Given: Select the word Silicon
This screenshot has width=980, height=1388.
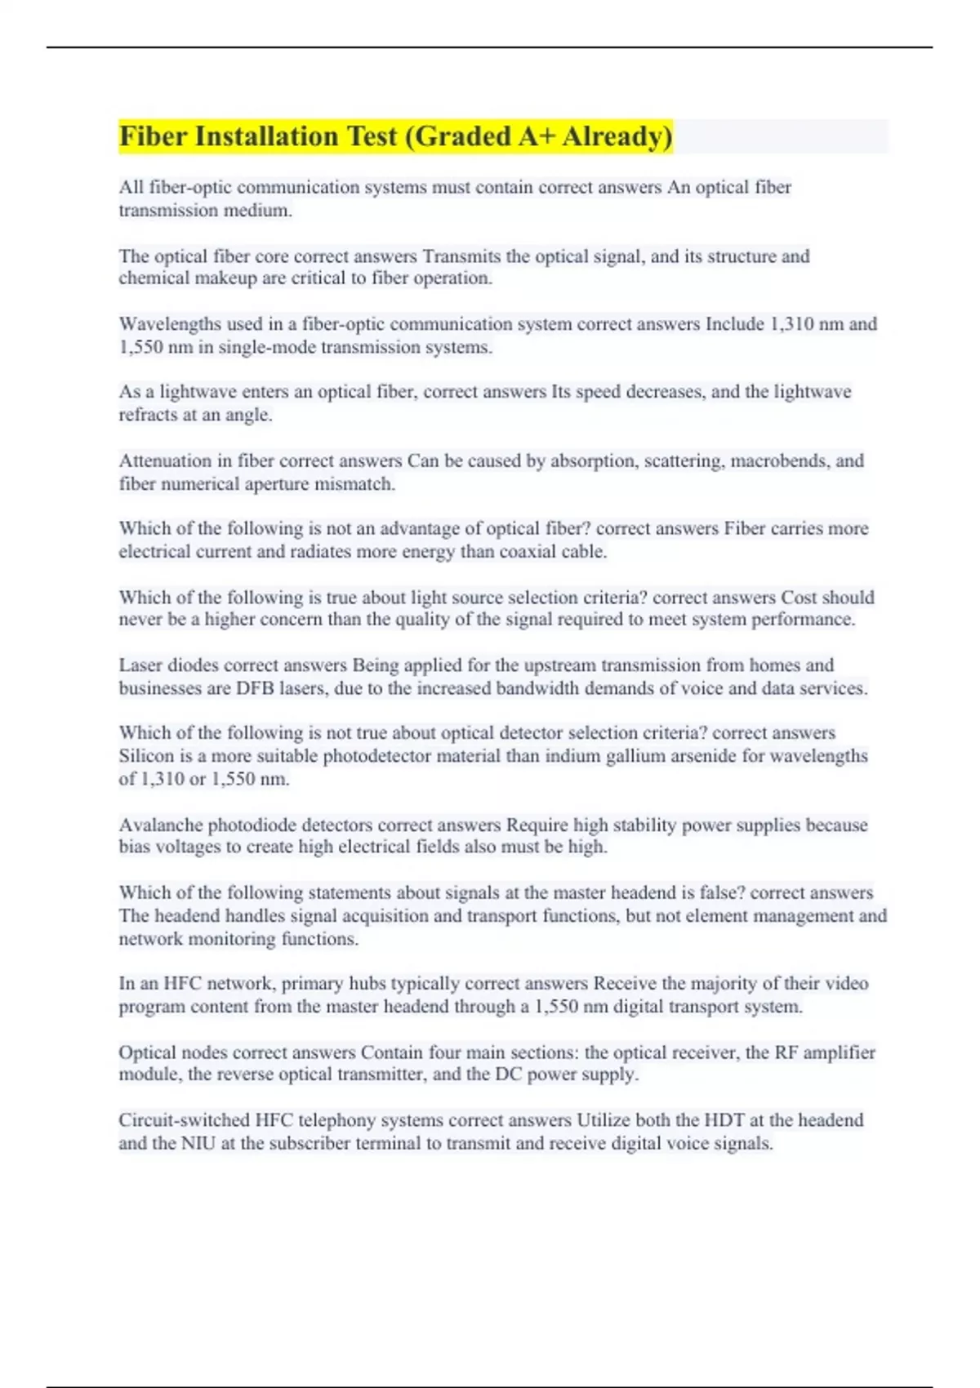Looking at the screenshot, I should tap(147, 756).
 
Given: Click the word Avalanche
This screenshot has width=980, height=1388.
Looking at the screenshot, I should tap(160, 825).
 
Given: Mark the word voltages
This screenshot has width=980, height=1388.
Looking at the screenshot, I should tap(189, 847).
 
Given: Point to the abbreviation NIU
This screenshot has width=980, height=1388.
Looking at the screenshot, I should tap(198, 1143).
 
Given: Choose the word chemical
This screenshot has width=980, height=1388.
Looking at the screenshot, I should tap(152, 278).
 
